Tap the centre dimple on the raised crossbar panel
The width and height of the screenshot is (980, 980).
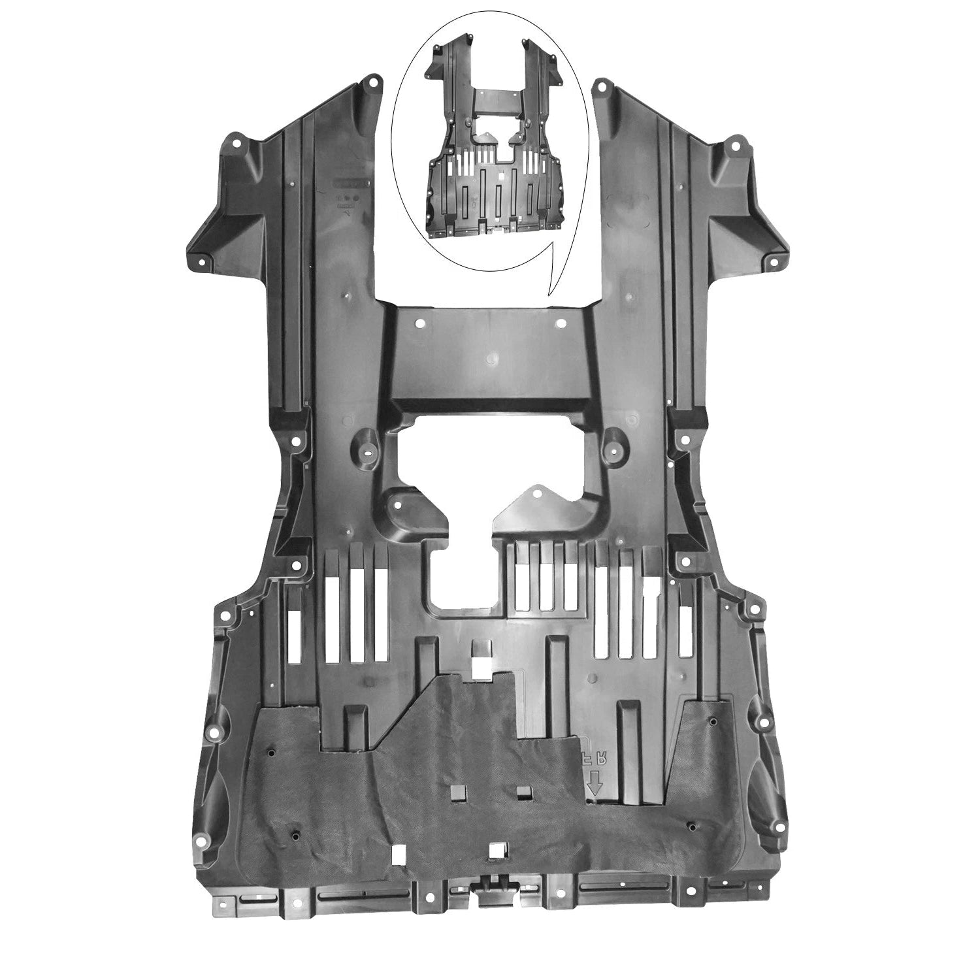tap(491, 358)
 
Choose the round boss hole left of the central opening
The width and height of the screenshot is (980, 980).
tap(369, 451)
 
